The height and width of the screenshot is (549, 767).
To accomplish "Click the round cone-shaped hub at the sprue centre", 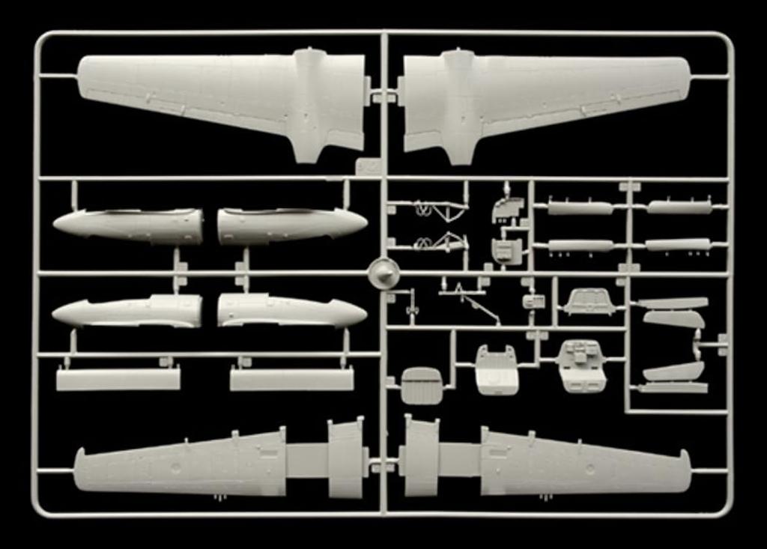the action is pyautogui.click(x=383, y=274).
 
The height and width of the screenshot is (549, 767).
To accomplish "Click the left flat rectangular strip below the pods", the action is pyautogui.click(x=118, y=378).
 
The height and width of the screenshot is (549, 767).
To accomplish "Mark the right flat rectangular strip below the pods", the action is pyautogui.click(x=291, y=378).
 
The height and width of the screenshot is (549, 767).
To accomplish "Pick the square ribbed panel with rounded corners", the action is pyautogui.click(x=422, y=385).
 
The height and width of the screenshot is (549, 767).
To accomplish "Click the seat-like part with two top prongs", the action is pyautogui.click(x=497, y=370).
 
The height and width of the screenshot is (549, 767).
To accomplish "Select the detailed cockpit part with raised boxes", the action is pyautogui.click(x=582, y=366).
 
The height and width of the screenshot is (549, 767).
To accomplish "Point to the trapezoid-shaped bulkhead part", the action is pyautogui.click(x=589, y=302).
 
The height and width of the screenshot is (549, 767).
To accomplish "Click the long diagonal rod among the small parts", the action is pyautogui.click(x=479, y=307).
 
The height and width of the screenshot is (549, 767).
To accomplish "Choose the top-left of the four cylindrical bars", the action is pyautogui.click(x=580, y=207).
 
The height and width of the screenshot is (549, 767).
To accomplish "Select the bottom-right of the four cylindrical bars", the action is pyautogui.click(x=677, y=245).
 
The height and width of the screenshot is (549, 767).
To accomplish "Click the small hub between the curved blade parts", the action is pyautogui.click(x=697, y=344).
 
